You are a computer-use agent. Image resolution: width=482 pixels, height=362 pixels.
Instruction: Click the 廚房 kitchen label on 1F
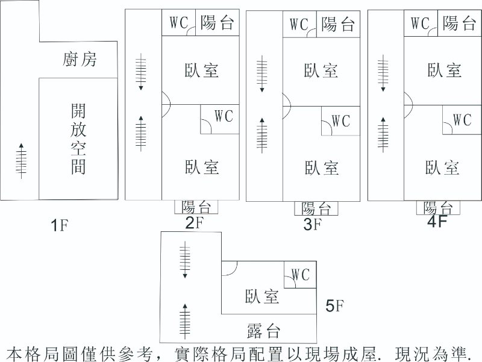pos(79,60)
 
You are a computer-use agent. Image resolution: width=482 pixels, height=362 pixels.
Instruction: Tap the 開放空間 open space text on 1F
pos(78,139)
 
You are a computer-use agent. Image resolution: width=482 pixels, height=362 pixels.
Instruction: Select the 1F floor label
pos(60,226)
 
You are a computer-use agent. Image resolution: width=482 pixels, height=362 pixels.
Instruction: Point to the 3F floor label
pos(313,225)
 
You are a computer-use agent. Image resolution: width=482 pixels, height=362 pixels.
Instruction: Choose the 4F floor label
pos(437,222)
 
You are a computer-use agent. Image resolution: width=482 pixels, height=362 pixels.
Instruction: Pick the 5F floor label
pos(334,306)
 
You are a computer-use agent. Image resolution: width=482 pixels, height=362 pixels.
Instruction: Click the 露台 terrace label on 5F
pos(264,331)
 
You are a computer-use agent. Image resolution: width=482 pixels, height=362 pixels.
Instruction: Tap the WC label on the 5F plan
pos(300,275)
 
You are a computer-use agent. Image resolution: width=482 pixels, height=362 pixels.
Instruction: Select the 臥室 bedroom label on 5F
pos(262,296)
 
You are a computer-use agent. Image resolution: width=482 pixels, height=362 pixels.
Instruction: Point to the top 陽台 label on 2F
pos(217,23)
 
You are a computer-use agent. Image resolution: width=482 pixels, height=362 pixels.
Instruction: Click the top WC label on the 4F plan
pos(420,23)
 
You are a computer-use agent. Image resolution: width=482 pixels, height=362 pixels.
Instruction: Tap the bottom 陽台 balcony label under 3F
pos(316,209)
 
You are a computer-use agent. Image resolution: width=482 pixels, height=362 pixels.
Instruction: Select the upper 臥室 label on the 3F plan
pos(321,71)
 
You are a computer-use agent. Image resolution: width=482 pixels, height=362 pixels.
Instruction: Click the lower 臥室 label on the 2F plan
pos(202,167)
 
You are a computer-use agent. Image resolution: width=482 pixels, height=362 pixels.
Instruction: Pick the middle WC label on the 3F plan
pos(340,121)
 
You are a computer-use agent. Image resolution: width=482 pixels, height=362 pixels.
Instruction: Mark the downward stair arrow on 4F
pos(382,73)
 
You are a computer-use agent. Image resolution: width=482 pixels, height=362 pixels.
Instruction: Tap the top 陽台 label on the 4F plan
pos(459,23)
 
